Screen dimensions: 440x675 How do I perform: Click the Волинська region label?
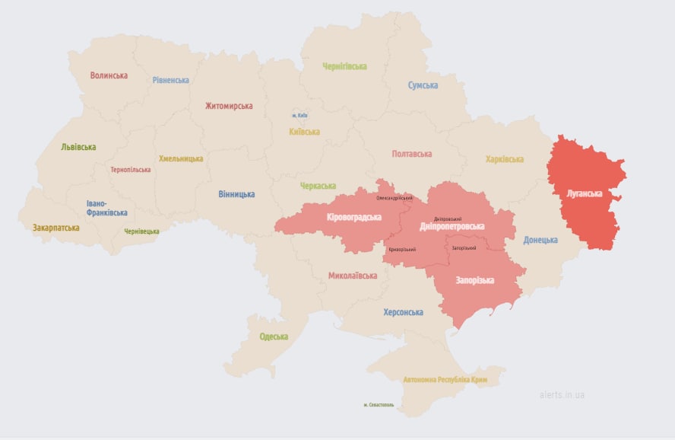109,75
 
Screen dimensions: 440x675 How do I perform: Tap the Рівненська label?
170,80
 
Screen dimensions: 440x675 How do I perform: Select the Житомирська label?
229,106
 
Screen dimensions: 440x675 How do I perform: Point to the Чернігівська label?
344,67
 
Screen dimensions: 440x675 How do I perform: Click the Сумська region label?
423,85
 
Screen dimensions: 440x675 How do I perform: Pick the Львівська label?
78,147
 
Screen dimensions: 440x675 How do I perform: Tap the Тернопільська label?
130,170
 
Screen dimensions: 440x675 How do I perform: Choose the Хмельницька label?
181,158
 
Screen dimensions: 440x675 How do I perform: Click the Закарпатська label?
55,228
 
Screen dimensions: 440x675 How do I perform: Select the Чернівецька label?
141,231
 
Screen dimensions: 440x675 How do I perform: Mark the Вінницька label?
236,194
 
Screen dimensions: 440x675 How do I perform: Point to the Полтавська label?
412,154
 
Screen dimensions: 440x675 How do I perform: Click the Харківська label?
505,159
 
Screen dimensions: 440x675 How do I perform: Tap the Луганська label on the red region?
585,193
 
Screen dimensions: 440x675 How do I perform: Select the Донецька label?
540,240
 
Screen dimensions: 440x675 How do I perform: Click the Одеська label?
274,336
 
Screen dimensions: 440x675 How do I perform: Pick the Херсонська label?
403,312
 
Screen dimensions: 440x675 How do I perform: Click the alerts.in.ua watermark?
562,395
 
